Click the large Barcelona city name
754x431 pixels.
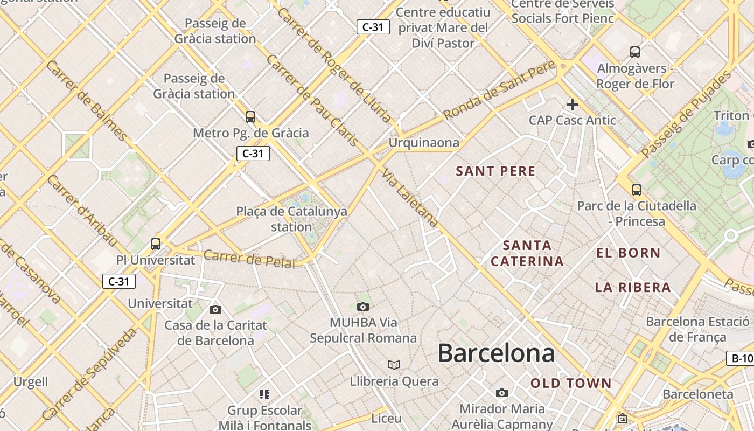(495, 353)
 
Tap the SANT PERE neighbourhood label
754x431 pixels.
(495, 171)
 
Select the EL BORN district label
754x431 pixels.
(628, 253)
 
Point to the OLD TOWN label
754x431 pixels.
(571, 383)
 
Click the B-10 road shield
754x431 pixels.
(741, 358)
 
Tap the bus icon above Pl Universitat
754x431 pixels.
(156, 244)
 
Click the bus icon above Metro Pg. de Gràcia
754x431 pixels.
(250, 116)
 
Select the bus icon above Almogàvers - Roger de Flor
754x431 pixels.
(635, 52)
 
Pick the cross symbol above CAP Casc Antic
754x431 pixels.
(572, 104)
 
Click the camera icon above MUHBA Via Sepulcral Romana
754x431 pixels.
(363, 307)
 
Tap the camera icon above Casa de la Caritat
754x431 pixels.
(215, 309)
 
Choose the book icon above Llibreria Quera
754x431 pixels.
(394, 365)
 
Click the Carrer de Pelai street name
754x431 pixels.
(249, 258)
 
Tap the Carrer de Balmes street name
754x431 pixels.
(87, 101)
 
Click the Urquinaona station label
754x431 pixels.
(424, 143)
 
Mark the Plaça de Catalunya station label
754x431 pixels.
(291, 219)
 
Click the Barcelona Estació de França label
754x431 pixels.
(697, 329)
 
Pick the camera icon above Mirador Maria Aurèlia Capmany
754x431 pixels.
(502, 393)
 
